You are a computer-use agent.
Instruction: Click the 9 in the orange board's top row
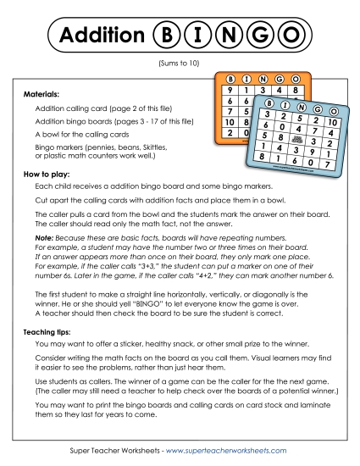click(x=230, y=89)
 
